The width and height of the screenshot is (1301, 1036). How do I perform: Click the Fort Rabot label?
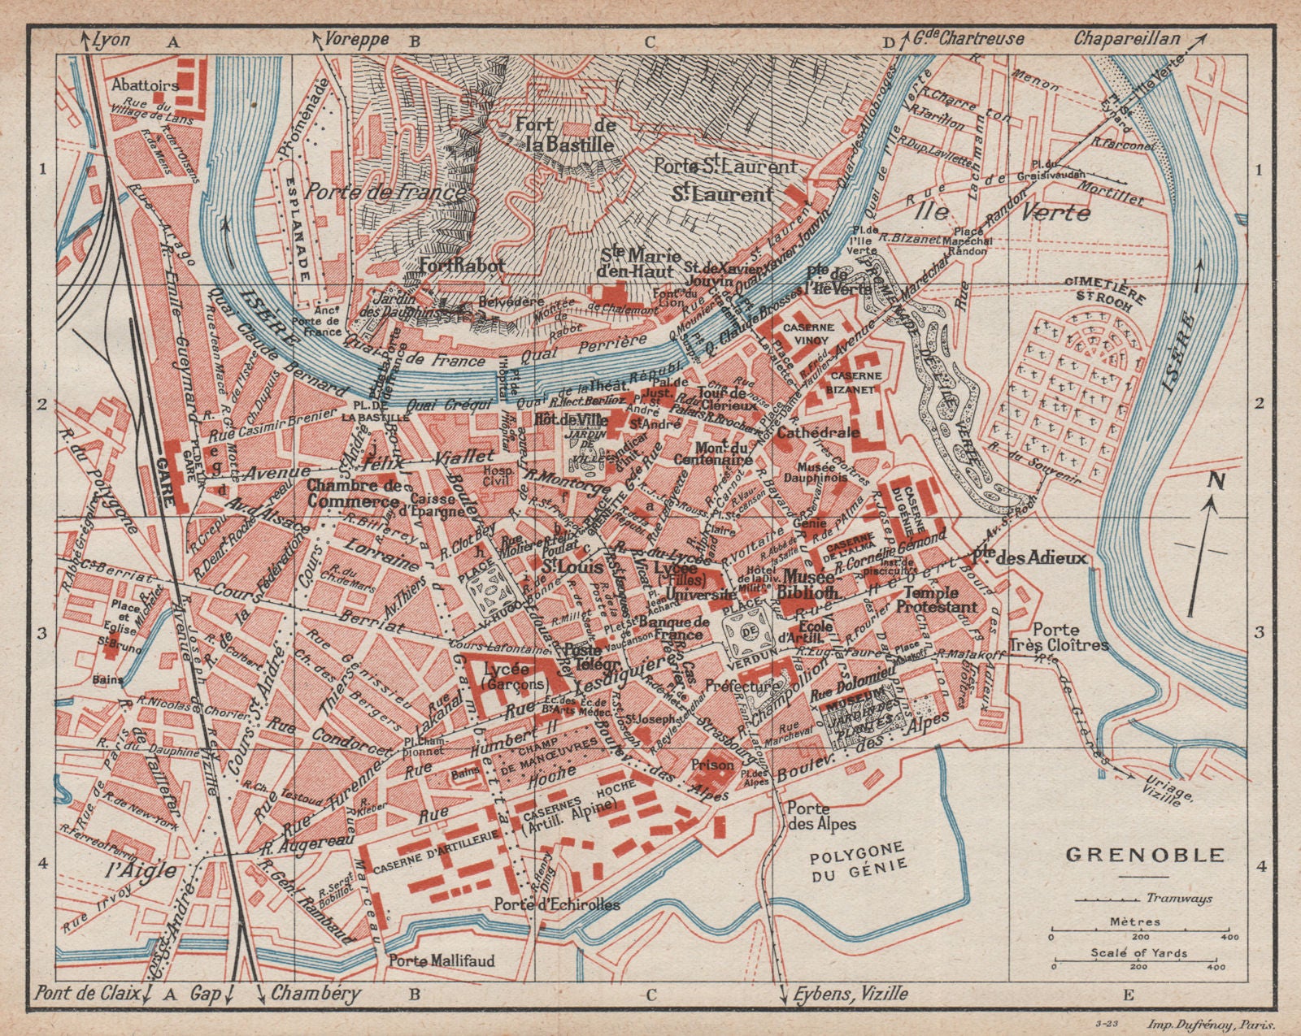pos(462,266)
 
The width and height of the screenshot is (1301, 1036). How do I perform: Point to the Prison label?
pos(711,765)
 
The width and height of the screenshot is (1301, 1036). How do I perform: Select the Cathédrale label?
pos(818,432)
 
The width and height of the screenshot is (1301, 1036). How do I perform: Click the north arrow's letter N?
pos(1194,481)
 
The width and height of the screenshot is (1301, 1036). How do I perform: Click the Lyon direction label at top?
pos(111,38)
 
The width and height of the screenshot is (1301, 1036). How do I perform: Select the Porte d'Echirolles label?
pos(556,904)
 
